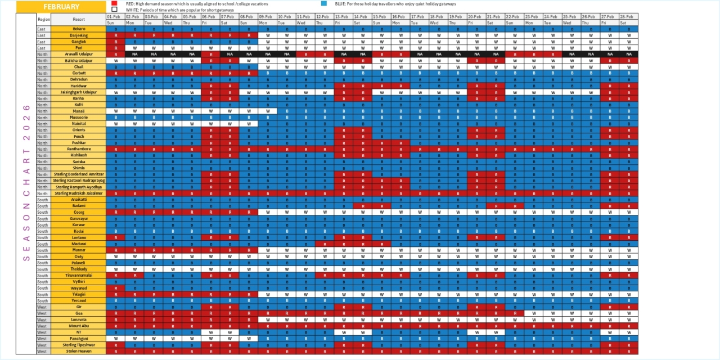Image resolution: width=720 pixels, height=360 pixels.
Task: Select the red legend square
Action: (x=114, y=3)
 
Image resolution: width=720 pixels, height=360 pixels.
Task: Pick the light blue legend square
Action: (x=323, y=3)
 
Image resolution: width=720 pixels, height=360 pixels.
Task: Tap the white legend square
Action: (x=114, y=10)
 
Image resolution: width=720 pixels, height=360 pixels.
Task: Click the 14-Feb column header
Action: (x=362, y=17)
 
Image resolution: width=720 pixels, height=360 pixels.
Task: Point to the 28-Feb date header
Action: (x=629, y=17)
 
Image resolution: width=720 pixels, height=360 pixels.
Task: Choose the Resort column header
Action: (x=78, y=20)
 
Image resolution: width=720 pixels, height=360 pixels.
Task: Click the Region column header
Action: (x=43, y=20)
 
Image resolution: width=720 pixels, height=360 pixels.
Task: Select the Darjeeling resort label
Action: (x=78, y=35)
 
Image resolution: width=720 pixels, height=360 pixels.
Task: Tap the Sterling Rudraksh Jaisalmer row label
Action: (x=78, y=193)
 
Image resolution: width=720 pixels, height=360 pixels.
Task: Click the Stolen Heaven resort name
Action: (x=78, y=351)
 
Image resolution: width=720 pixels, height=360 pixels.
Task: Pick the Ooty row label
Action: (x=78, y=256)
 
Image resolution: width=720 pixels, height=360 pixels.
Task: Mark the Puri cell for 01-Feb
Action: (x=115, y=48)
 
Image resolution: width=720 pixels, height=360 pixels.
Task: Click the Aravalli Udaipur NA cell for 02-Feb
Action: (x=134, y=54)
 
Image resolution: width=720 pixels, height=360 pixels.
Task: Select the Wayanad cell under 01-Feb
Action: (x=115, y=288)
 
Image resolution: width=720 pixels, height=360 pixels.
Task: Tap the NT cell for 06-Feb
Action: (x=210, y=332)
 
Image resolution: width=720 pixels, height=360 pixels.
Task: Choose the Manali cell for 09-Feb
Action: (x=267, y=111)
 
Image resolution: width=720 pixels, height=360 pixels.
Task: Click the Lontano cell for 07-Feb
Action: (x=229, y=237)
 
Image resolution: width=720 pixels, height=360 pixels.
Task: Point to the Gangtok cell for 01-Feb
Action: (x=115, y=42)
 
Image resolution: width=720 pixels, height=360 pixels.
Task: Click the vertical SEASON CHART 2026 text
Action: (x=26, y=182)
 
